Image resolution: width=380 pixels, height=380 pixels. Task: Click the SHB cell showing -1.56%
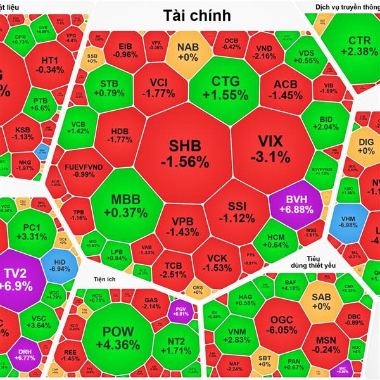[184, 154]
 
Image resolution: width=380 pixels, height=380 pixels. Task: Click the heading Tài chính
[196, 15]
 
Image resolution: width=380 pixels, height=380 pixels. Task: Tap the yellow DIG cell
[366, 146]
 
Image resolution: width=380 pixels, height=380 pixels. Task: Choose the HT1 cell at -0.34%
[49, 64]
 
